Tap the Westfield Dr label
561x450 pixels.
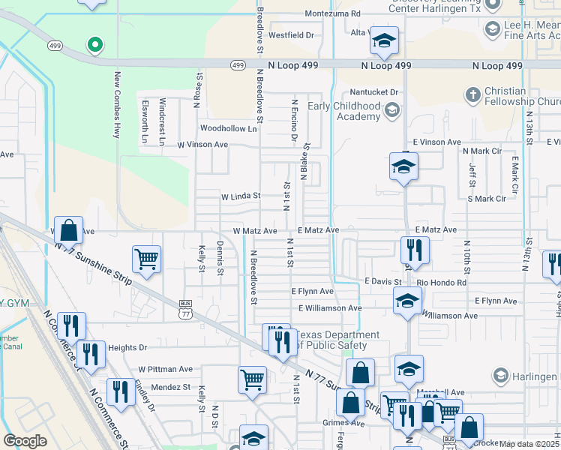[x=290, y=34]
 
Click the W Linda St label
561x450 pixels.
[x=240, y=196]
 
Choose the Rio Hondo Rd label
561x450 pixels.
[x=442, y=283]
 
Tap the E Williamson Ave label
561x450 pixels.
[x=330, y=307]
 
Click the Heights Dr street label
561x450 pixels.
[x=127, y=348]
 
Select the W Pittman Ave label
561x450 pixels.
[x=165, y=369]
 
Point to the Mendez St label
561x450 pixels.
[x=169, y=387]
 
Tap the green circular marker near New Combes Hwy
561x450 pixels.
[x=94, y=45]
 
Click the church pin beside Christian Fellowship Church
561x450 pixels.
[x=472, y=94]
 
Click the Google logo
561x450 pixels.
[x=25, y=441]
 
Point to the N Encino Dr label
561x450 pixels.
[x=295, y=120]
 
